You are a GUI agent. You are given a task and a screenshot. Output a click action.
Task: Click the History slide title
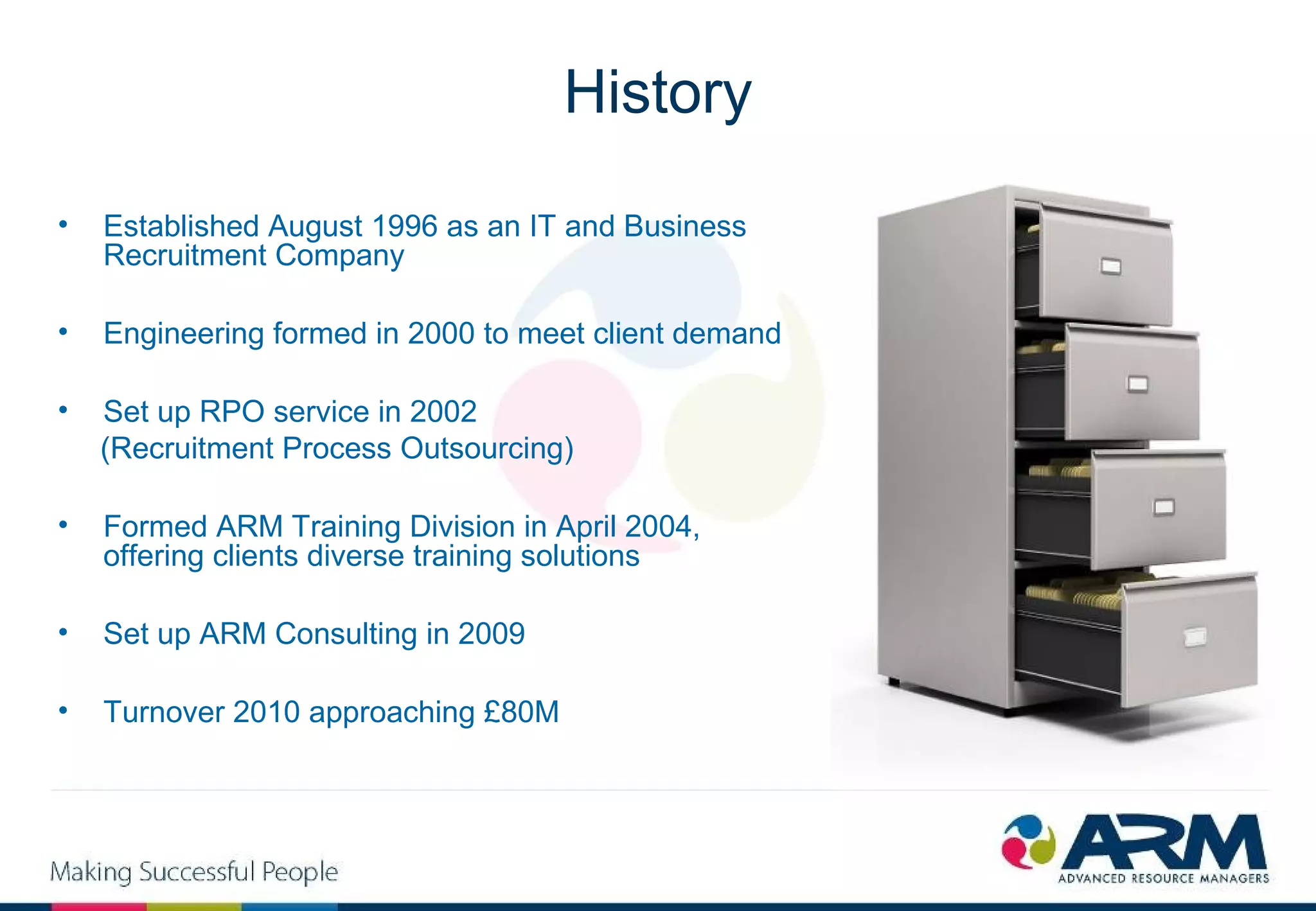[657, 93]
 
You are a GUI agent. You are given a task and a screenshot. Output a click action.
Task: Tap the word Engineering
[183, 334]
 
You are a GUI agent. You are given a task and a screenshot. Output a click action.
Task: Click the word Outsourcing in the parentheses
[486, 448]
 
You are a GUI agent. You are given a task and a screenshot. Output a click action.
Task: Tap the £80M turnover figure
[521, 712]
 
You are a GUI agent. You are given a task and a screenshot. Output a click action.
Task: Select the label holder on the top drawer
[1111, 266]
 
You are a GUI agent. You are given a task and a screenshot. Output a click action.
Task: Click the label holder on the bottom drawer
[1195, 636]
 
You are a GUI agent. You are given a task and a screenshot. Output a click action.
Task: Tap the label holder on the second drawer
[1137, 384]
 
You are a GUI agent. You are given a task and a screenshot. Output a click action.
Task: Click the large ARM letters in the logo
[1163, 842]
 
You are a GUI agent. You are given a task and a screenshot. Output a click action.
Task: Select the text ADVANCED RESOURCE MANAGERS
[1163, 878]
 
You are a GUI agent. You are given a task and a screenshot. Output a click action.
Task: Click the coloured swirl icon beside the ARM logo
[1028, 842]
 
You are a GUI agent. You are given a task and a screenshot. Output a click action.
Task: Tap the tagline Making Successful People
[193, 872]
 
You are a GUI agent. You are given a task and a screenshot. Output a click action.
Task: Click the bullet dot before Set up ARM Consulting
[63, 633]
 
